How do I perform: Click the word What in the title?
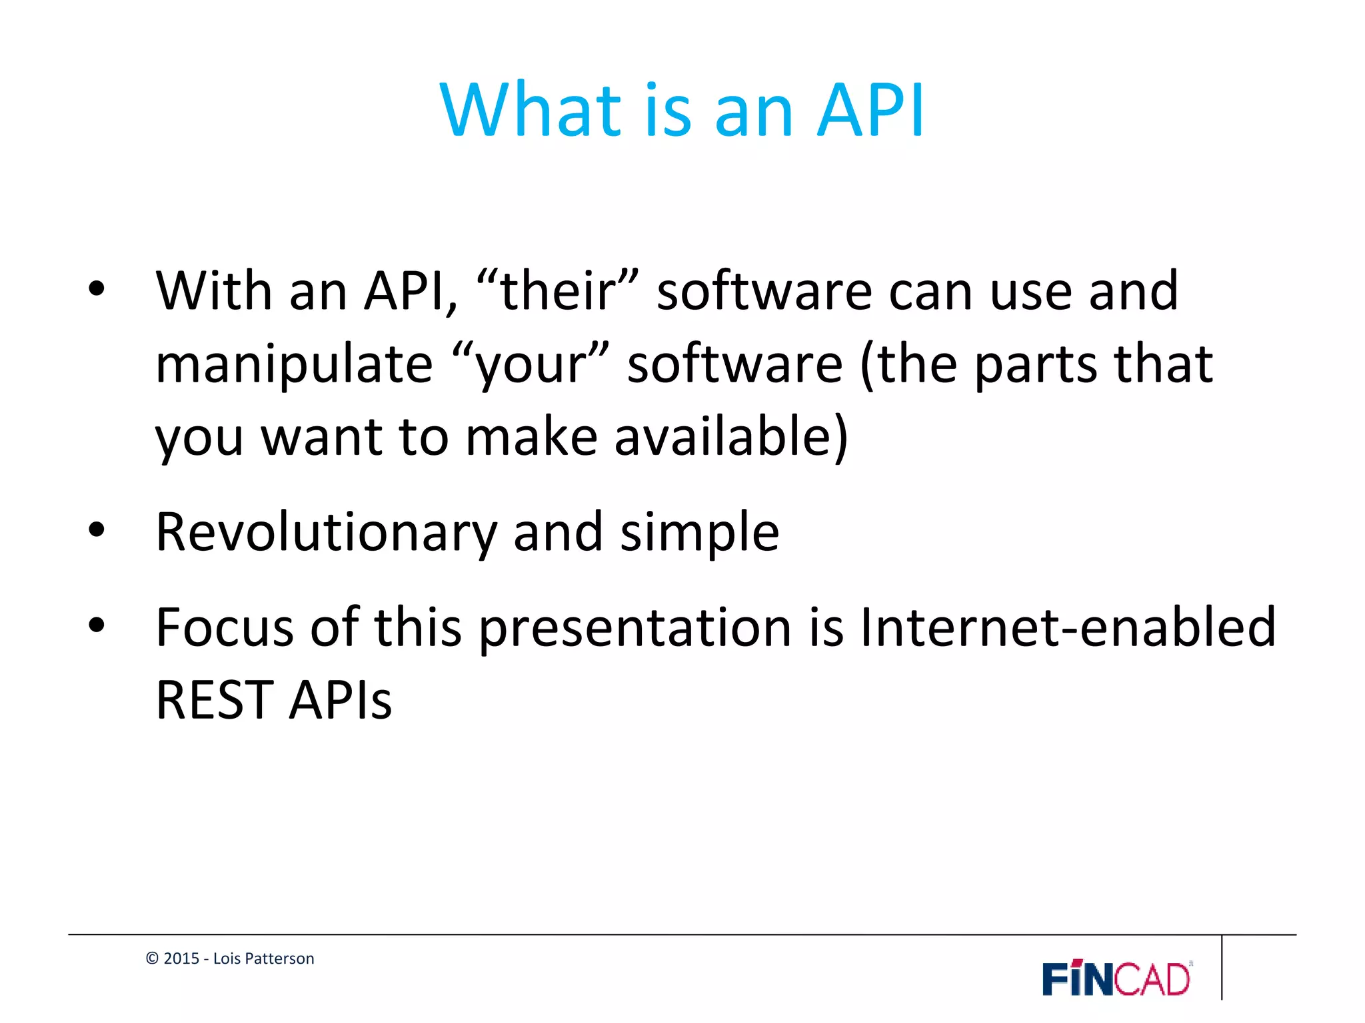[531, 110]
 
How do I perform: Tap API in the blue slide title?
[870, 110]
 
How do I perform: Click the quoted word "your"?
[530, 364]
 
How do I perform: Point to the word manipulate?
[294, 364]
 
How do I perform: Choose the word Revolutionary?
[327, 533]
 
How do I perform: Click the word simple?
[699, 533]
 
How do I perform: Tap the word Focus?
[225, 627]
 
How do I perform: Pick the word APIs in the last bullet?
[341, 700]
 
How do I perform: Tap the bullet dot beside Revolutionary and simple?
[97, 531]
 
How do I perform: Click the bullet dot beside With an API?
[97, 289]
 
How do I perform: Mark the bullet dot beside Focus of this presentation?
[97, 625]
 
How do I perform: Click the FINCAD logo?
[1117, 978]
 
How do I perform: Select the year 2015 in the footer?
[181, 958]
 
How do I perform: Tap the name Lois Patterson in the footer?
[263, 958]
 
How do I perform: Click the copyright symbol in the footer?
[152, 958]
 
